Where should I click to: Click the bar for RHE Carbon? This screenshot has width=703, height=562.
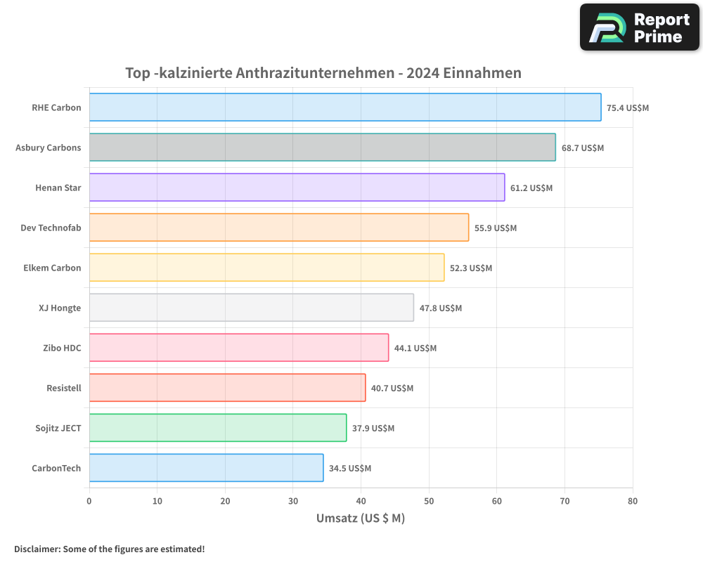[344, 107]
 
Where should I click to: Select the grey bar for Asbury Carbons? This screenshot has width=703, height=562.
[322, 148]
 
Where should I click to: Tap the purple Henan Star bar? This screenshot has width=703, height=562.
[297, 188]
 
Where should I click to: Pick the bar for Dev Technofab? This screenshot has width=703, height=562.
[278, 228]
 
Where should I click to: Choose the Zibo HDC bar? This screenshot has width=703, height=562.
[238, 348]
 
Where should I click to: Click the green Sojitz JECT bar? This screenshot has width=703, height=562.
[217, 428]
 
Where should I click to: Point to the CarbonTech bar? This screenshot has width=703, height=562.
[206, 468]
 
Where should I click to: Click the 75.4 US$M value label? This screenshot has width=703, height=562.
[628, 108]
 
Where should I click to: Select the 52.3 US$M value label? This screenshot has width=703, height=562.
[471, 268]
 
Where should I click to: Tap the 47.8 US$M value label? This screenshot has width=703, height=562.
[440, 308]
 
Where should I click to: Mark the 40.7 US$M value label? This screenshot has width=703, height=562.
[392, 388]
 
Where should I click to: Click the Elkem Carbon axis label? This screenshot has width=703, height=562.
[52, 268]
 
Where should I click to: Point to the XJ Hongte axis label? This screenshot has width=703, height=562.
[60, 308]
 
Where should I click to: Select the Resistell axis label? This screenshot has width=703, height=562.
[63, 388]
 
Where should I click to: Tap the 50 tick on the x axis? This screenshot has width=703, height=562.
[429, 501]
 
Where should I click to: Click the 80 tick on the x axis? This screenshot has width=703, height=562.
[633, 501]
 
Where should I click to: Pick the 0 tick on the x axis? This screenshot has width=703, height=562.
[89, 501]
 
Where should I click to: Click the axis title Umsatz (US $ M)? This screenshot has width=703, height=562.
[361, 518]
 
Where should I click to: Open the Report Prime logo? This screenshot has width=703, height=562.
[640, 27]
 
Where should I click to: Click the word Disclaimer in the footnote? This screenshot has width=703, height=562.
[37, 549]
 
